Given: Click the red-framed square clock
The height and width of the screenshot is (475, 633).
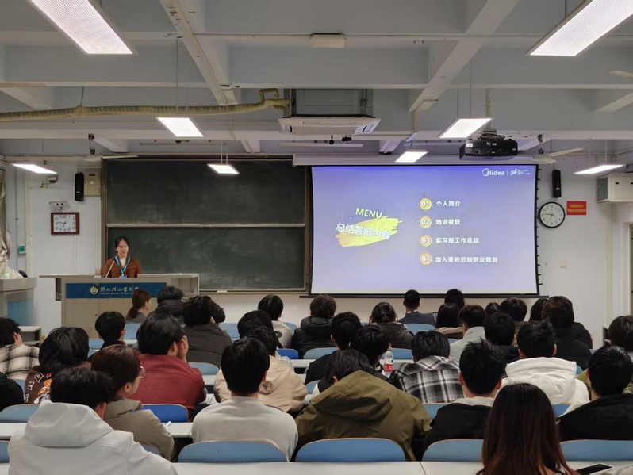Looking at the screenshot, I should click(64, 223).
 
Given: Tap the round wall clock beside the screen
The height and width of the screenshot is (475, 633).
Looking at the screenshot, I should click(551, 214).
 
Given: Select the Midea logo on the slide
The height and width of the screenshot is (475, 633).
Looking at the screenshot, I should click(495, 172).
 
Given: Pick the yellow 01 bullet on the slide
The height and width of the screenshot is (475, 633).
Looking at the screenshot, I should click(425, 204).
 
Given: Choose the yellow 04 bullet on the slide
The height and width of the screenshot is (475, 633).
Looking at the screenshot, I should click(425, 259).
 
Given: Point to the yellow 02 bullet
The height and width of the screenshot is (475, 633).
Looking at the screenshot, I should click(425, 222).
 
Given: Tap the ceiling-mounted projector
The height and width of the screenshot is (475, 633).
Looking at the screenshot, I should click(488, 147).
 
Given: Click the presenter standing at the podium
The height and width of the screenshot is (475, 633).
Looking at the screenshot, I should click(121, 259).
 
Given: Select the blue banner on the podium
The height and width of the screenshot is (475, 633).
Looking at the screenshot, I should click(115, 290).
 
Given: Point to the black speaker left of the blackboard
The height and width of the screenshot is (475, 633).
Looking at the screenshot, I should click(79, 186).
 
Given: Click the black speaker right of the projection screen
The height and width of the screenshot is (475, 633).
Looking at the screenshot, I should click(556, 183).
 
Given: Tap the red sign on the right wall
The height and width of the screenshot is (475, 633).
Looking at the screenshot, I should click(577, 208).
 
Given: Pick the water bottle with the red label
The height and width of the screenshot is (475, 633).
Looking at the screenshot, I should click(387, 362).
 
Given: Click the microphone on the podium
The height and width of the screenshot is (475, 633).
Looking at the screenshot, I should click(109, 268).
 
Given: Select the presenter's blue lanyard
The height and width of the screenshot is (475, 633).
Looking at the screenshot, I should click(121, 264).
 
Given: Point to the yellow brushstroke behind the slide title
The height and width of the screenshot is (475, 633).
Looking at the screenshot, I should click(368, 231).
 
